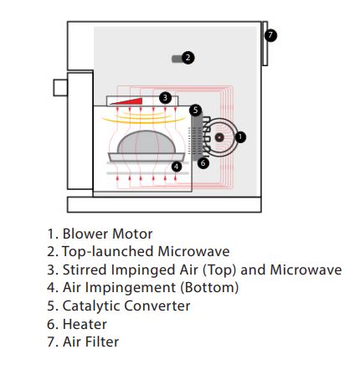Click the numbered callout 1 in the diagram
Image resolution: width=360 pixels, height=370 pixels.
pyautogui.click(x=240, y=137)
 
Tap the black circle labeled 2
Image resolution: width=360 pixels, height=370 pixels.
pyautogui.click(x=188, y=58)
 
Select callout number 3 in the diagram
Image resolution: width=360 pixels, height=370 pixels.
pyautogui.click(x=165, y=98)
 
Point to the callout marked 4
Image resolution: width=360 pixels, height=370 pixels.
pyautogui.click(x=176, y=167)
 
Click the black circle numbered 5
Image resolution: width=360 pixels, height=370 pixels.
pyautogui.click(x=195, y=110)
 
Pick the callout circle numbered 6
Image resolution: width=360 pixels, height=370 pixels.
pyautogui.click(x=203, y=163)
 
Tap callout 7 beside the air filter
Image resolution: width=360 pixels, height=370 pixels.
pyautogui.click(x=270, y=35)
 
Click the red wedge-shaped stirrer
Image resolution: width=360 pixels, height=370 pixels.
pyautogui.click(x=128, y=101)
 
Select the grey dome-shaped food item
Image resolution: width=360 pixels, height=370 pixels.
pyautogui.click(x=147, y=142)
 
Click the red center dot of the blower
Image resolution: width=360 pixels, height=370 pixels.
pyautogui.click(x=219, y=137)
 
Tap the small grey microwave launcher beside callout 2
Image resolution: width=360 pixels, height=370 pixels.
pyautogui.click(x=177, y=59)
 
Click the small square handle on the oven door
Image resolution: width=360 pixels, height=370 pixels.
pyautogui.click(x=60, y=88)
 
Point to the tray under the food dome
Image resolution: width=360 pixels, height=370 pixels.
pyautogui.click(x=147, y=157)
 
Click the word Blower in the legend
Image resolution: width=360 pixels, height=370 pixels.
pyautogui.click(x=83, y=234)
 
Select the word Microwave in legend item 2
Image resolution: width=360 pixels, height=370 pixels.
pyautogui.click(x=193, y=251)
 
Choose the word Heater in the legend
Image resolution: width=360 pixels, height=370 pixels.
pyautogui.click(x=85, y=324)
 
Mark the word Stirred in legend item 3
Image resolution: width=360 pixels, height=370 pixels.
pyautogui.click(x=85, y=270)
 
